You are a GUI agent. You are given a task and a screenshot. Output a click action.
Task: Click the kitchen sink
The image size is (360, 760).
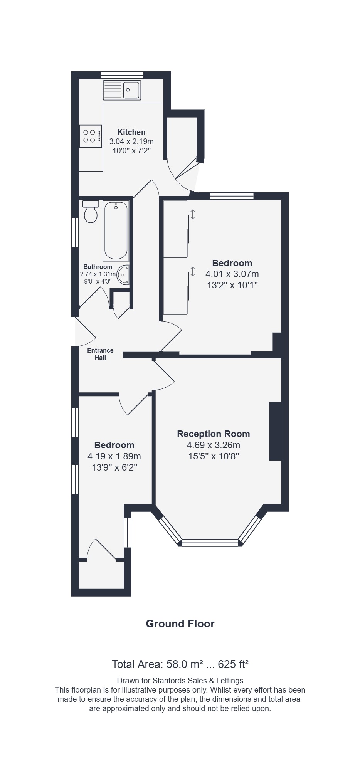[x=122, y=90]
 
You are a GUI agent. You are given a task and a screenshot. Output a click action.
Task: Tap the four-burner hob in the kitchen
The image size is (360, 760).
[x=91, y=136]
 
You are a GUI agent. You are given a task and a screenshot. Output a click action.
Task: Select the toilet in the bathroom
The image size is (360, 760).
[x=91, y=212]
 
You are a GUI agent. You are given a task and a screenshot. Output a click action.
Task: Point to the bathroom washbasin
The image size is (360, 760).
[x=123, y=275]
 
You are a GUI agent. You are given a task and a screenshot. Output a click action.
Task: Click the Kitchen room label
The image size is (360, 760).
[x=131, y=132]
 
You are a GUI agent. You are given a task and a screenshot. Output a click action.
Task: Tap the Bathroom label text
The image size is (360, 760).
[x=98, y=267]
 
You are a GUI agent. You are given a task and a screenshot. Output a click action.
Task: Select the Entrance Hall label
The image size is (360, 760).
[x=100, y=354]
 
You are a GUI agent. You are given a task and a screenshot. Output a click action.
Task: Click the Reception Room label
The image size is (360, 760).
[x=214, y=434]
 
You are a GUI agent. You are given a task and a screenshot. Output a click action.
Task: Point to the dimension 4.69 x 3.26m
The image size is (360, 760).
[x=214, y=445]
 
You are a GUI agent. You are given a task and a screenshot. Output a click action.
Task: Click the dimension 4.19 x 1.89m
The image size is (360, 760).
[x=114, y=456]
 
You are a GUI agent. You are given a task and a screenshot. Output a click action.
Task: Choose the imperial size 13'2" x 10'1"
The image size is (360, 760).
[x=232, y=285]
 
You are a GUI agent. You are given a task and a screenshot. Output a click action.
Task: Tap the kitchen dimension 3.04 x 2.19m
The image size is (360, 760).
[x=131, y=141]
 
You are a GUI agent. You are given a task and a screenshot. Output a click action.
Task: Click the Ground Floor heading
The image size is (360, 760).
[x=180, y=624]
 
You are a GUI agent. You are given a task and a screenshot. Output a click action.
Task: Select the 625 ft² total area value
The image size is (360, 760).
[x=233, y=664]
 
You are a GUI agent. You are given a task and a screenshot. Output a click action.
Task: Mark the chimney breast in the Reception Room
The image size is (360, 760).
[x=275, y=431]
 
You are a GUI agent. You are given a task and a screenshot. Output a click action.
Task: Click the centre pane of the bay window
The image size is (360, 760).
[x=210, y=543]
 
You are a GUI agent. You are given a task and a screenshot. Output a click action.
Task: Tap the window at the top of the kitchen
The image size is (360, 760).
[x=122, y=75]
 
